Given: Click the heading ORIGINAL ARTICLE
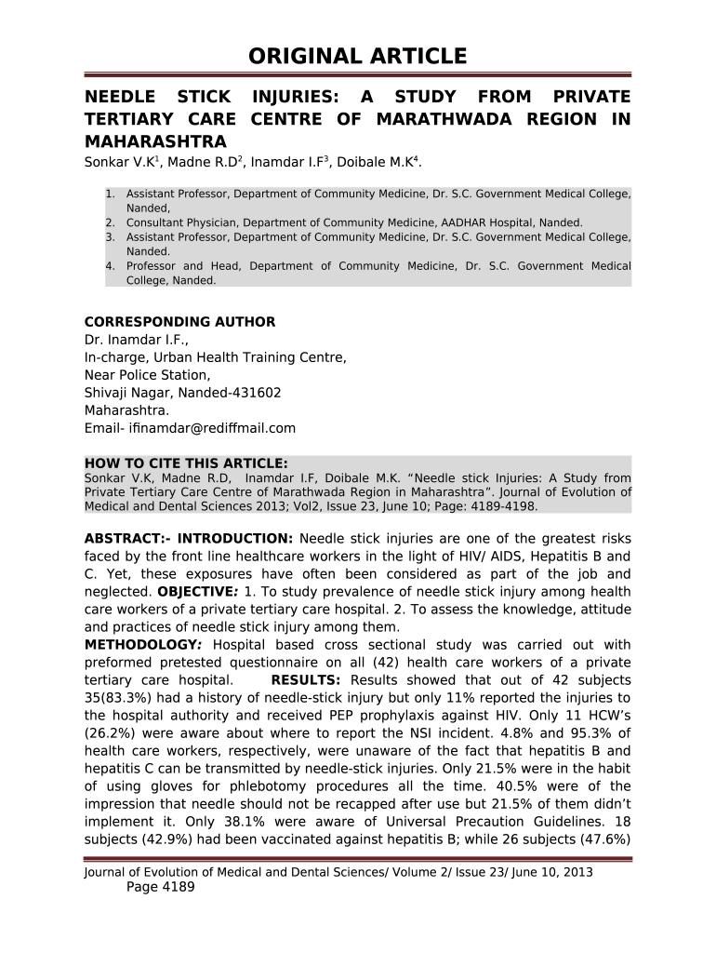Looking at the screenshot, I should (357, 57).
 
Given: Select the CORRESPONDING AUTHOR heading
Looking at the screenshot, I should (179, 322).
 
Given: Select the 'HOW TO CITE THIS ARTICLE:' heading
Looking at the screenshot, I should (186, 463).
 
